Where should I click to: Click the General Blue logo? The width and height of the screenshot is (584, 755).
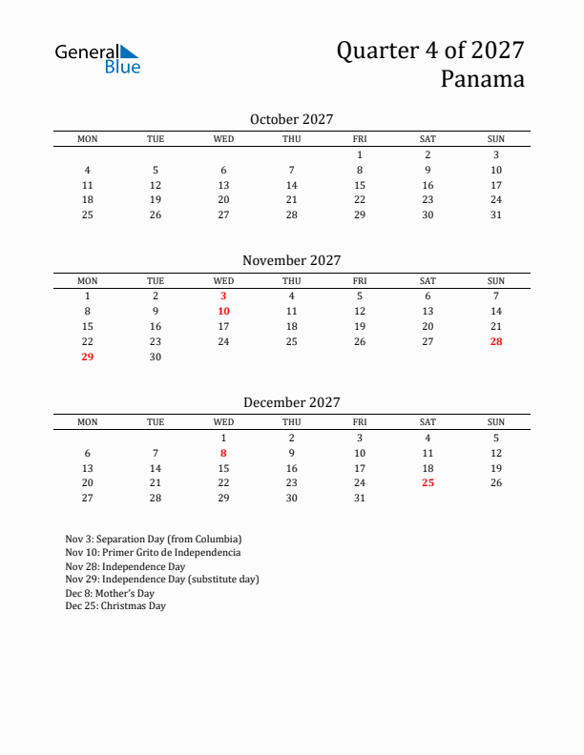97,58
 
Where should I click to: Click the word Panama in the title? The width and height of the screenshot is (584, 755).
482,79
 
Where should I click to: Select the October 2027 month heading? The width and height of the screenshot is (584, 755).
291,119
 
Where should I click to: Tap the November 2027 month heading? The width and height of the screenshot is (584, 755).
291,260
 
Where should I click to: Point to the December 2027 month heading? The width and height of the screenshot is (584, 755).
291,402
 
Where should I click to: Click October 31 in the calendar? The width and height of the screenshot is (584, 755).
496,215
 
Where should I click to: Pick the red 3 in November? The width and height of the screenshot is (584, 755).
223,296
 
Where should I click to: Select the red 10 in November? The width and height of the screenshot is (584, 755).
223,312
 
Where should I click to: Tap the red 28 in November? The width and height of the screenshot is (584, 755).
496,342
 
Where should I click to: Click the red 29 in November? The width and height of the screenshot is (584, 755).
88,357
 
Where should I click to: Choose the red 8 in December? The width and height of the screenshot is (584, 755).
223,454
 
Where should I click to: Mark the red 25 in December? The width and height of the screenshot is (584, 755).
428,483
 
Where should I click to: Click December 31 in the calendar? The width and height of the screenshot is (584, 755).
360,499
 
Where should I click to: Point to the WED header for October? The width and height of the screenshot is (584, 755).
223,139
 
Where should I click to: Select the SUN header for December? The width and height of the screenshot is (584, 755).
496,422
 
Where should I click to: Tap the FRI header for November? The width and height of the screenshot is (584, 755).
360,281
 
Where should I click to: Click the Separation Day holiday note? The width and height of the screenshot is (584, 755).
154,539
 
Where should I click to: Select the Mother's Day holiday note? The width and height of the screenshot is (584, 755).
110,592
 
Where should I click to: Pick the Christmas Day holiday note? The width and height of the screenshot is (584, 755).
115,605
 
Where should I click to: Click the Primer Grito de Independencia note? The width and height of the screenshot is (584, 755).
153,552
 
